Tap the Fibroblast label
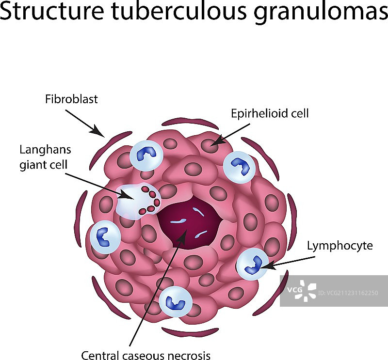[71, 99]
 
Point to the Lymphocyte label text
[340, 246]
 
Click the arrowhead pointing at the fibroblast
[99, 132]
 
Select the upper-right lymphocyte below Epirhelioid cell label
[240, 166]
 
